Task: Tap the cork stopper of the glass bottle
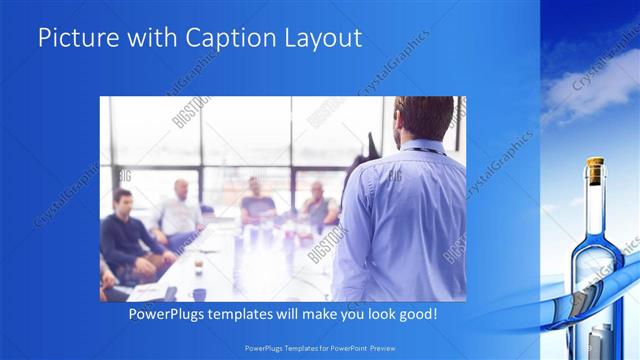click(595, 170)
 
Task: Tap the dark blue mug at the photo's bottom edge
click(199, 294)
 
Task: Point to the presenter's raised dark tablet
click(372, 148)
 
